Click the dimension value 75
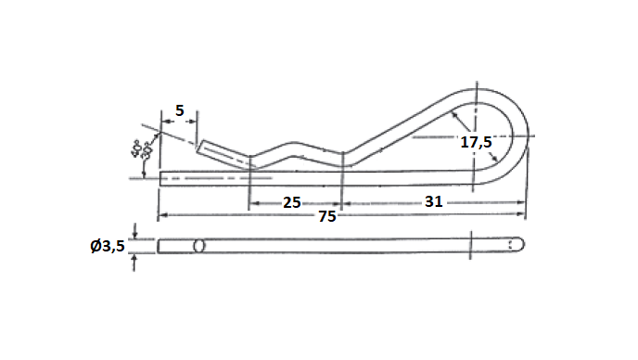pos(325,217)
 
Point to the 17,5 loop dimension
pos(476,142)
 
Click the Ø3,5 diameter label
pos(107,246)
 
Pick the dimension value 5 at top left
pos(179,110)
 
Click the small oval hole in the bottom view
pos(198,246)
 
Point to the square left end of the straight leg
pos(161,176)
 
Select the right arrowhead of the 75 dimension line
pos(522,215)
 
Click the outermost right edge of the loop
pos(532,137)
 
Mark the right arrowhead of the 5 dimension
pos(195,121)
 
